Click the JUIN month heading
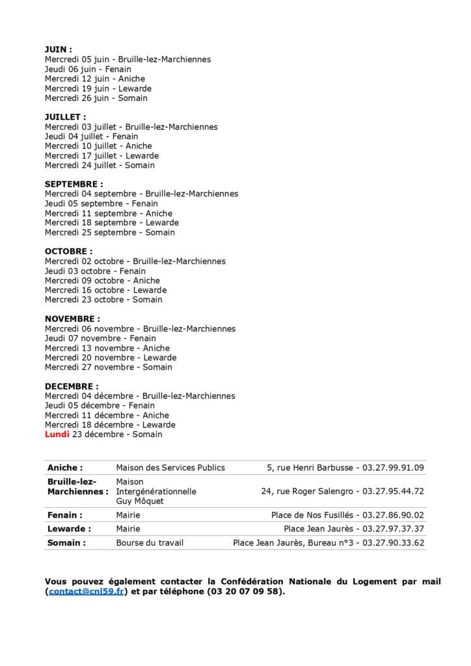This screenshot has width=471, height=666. pos(58,49)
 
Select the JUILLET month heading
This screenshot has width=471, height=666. pos(65,117)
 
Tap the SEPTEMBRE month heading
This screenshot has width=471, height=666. pos(74,184)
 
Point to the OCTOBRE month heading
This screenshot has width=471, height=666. pos(68,251)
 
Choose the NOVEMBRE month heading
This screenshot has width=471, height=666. pos(72,319)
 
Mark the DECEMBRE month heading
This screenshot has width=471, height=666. pos(72,386)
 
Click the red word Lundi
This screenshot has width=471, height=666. pos(57,434)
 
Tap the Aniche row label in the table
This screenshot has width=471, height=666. pos(65,468)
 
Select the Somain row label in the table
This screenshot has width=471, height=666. pos(66,543)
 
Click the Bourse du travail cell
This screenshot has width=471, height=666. pos(150,543)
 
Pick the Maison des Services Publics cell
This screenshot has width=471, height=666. pos(170,468)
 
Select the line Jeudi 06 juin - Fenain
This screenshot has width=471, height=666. pos(88,69)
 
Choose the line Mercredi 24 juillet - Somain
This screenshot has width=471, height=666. pos(100,165)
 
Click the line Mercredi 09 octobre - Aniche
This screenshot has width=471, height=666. pos(102,280)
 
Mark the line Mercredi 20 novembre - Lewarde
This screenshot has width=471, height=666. pos(111,358)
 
